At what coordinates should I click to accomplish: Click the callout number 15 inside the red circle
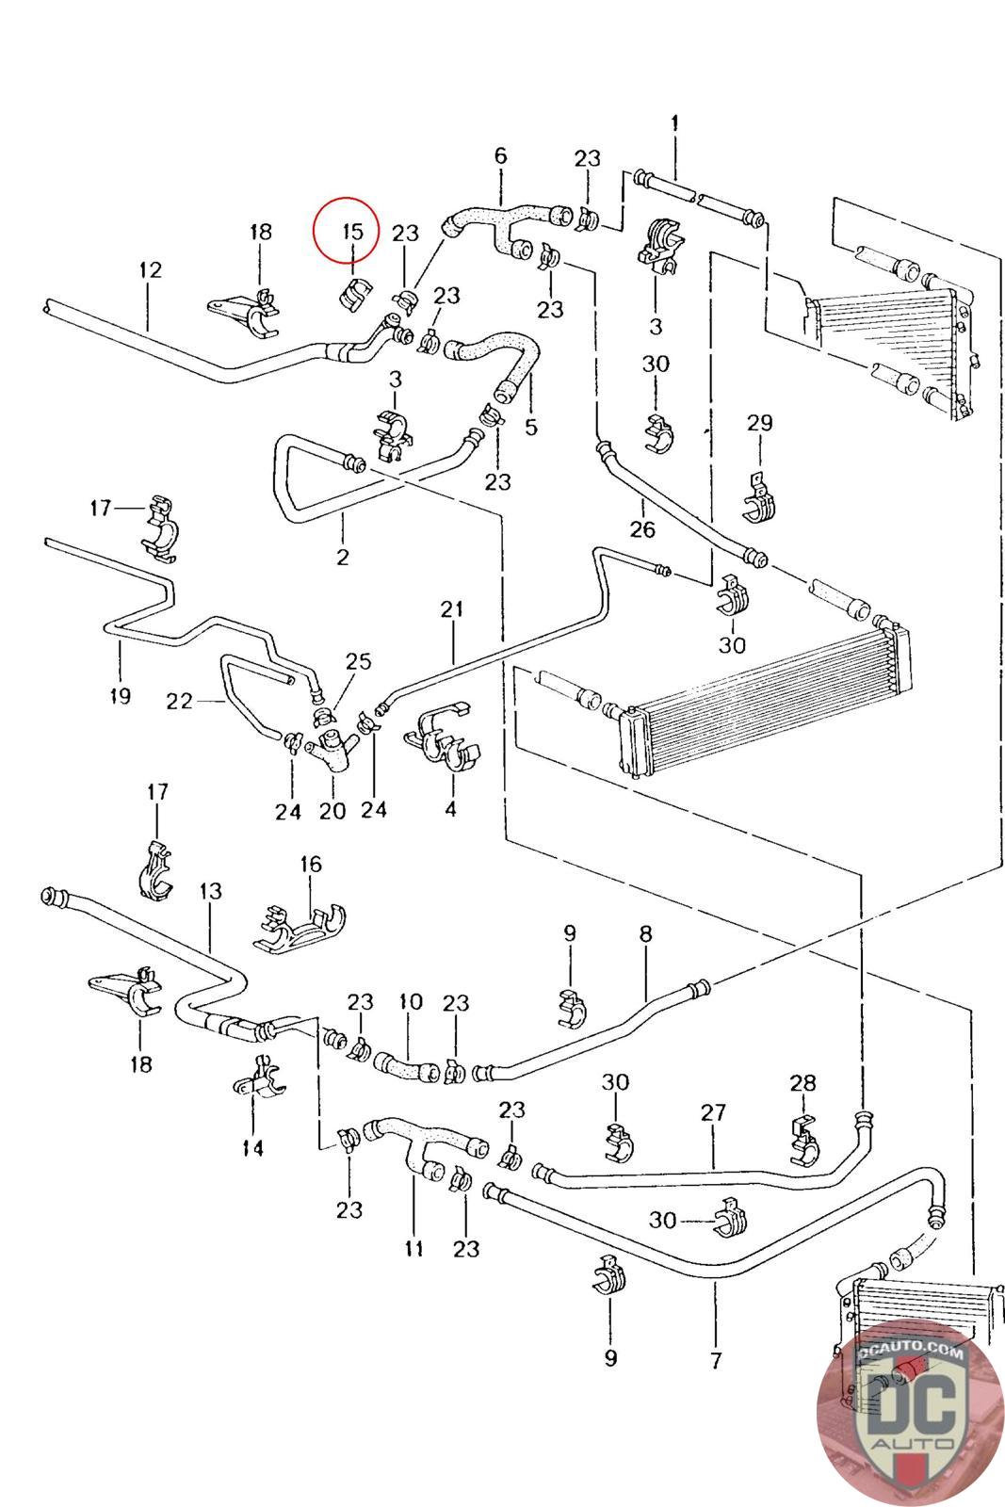pyautogui.click(x=351, y=231)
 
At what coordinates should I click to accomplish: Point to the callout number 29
pyautogui.click(x=759, y=423)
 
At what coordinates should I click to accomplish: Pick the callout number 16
pyautogui.click(x=311, y=864)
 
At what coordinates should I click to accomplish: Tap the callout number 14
pyautogui.click(x=252, y=1147)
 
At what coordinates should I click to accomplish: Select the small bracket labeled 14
pyautogui.click(x=257, y=1079)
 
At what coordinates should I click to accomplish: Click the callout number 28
pyautogui.click(x=802, y=1083)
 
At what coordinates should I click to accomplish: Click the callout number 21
pyautogui.click(x=452, y=609)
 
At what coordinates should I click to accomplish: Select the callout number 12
pyautogui.click(x=150, y=270)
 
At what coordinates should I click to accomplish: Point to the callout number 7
pyautogui.click(x=716, y=1359)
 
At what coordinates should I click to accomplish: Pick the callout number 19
pyautogui.click(x=120, y=696)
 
